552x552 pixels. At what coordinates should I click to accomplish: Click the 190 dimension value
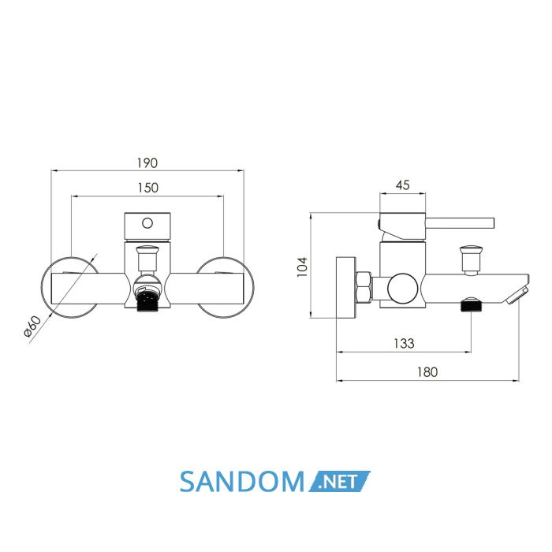pos(147,163)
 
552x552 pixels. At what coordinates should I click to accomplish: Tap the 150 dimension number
pos(148,188)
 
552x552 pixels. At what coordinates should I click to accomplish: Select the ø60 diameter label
pos(32,326)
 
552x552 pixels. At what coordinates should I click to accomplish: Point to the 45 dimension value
pos(403,185)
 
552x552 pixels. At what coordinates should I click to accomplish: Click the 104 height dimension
pos(302,267)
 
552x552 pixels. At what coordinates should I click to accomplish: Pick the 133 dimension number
pos(404,343)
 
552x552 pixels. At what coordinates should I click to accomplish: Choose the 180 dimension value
pos(427,372)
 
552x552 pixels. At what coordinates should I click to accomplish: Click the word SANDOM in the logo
pos(242,482)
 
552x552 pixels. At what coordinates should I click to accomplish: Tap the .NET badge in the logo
pos(339,481)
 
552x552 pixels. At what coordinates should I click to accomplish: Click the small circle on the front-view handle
pos(147,223)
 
